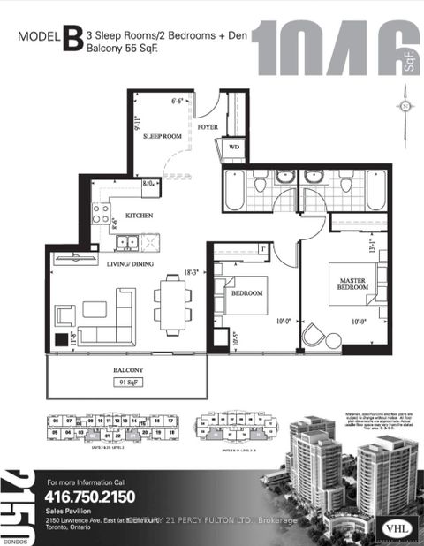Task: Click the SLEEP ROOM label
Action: point(162,138)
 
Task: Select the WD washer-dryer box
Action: point(234,147)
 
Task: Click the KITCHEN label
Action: point(140,215)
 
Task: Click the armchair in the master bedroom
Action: point(315,333)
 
